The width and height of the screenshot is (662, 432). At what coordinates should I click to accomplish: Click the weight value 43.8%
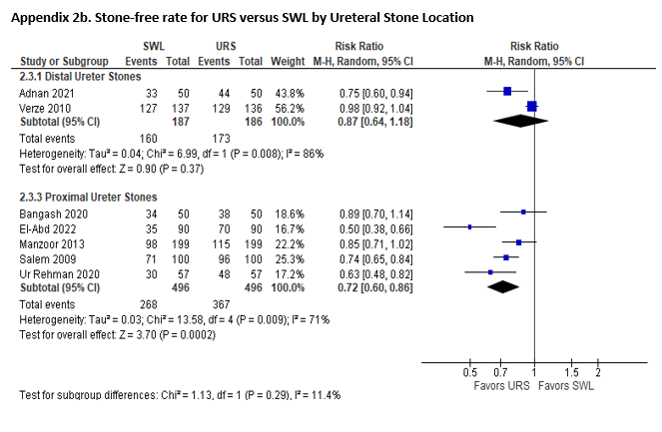[x=290, y=91]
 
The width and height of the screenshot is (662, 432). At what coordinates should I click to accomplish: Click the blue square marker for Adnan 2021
[x=507, y=91]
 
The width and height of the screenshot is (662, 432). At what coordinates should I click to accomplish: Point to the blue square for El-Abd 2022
[x=470, y=227]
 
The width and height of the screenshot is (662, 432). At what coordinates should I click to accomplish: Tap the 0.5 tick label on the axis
[x=470, y=373]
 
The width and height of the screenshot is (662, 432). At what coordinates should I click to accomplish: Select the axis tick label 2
[x=598, y=373]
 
